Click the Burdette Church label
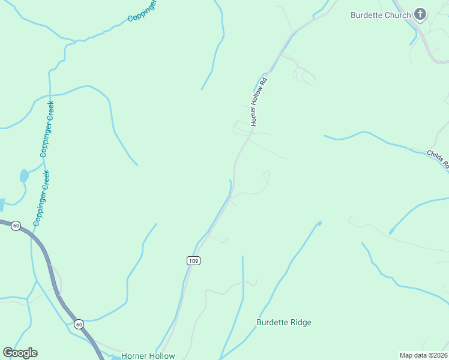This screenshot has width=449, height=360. point(381,15)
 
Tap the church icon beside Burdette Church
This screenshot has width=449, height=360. point(420,15)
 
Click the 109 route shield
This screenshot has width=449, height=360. point(193,260)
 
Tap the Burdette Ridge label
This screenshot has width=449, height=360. point(284,322)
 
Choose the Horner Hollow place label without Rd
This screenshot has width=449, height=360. point(148,355)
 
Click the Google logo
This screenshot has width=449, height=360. point(20,353)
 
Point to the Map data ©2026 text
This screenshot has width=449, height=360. point(423,355)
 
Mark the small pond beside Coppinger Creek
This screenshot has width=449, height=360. point(24,176)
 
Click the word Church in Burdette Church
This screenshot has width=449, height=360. point(397,15)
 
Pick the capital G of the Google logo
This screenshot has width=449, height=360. point(8,353)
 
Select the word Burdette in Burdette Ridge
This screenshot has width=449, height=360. point(273,322)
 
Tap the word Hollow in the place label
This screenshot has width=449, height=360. point(160,355)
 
